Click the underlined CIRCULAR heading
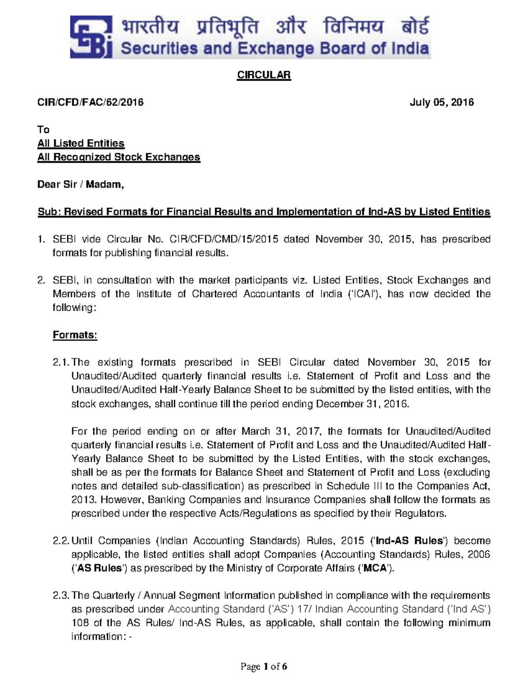(264, 75)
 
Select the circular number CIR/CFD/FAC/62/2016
(90, 103)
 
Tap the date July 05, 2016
(442, 103)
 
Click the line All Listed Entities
(81, 144)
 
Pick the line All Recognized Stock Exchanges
(119, 157)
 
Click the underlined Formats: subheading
(75, 335)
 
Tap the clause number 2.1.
(61, 362)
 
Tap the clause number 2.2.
(61, 541)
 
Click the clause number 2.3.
(61, 596)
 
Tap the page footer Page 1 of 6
(264, 667)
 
